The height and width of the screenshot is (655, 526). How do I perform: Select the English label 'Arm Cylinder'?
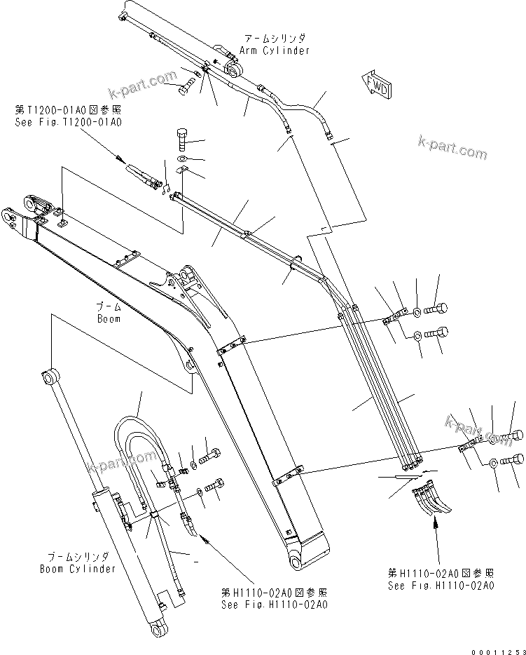coord(274,50)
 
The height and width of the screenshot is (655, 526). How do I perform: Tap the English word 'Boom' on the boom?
coord(109,318)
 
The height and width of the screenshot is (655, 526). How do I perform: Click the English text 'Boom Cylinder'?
coord(78,569)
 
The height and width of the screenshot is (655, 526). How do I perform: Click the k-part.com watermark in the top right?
coord(451,148)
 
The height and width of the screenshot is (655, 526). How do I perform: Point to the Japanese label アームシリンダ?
coord(274,38)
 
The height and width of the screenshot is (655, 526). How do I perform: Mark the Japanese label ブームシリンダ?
coord(78,558)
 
